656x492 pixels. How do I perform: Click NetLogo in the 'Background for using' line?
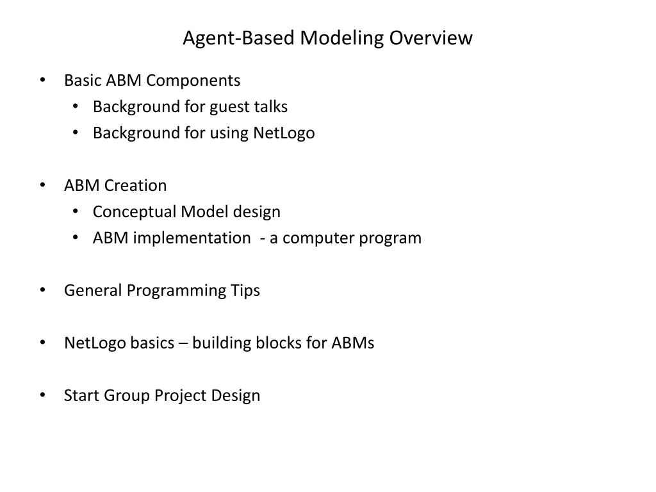pos(284,133)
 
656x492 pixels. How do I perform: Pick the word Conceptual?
pos(134,212)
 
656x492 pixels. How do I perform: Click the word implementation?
pos(192,238)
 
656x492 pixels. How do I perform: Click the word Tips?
pos(245,291)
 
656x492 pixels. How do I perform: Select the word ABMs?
pos(353,343)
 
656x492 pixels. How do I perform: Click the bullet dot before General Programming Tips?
pos(42,290)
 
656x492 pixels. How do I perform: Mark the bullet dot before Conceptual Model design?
pos(76,211)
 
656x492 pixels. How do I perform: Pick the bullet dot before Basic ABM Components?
pos(42,80)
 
